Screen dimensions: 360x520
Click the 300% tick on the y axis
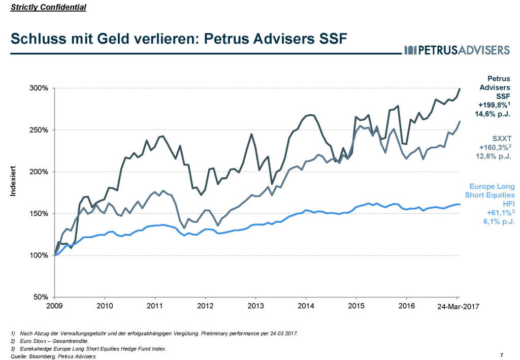tap(38, 88)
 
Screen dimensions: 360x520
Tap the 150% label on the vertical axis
tap(38, 213)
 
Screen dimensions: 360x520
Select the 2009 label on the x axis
tap(54, 306)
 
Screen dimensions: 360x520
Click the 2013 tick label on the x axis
tap(255, 306)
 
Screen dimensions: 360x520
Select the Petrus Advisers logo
tap(457, 50)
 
